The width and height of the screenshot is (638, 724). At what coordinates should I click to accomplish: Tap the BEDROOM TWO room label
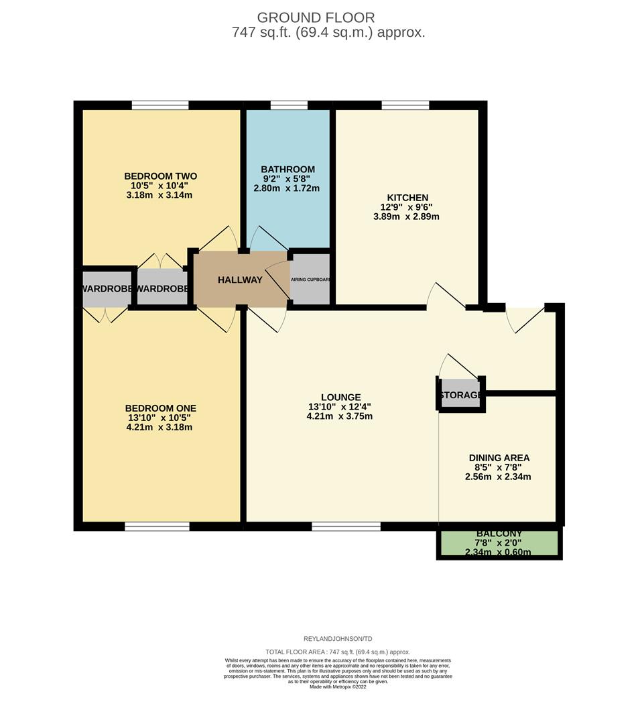pyautogui.click(x=161, y=176)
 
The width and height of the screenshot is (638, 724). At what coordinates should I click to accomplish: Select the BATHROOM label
pyautogui.click(x=288, y=170)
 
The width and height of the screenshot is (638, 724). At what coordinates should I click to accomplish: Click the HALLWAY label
pyautogui.click(x=240, y=280)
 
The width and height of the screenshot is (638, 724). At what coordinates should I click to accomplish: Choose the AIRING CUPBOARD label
pyautogui.click(x=310, y=280)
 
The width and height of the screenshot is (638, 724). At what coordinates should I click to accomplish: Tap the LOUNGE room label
pyautogui.click(x=341, y=398)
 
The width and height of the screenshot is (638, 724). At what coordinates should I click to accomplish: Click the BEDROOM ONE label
pyautogui.click(x=161, y=408)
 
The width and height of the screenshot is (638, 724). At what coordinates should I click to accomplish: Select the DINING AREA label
pyautogui.click(x=499, y=459)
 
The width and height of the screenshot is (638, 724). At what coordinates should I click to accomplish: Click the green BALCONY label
pyautogui.click(x=499, y=534)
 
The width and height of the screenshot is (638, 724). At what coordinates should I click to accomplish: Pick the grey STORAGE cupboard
pyautogui.click(x=460, y=395)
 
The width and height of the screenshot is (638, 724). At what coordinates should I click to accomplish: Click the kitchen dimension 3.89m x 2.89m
pyautogui.click(x=406, y=217)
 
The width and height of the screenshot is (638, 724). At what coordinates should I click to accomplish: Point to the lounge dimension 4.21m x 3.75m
pyautogui.click(x=339, y=416)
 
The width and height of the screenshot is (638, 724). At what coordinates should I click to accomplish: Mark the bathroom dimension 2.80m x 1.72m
pyautogui.click(x=288, y=188)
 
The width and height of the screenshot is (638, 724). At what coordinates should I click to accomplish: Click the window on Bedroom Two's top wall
pyautogui.click(x=160, y=105)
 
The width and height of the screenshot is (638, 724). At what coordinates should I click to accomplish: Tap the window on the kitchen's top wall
pyautogui.click(x=405, y=105)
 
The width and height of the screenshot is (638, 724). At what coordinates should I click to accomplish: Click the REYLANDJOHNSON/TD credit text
pyautogui.click(x=338, y=639)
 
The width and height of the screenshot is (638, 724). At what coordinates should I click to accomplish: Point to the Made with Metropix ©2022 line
pyautogui.click(x=338, y=686)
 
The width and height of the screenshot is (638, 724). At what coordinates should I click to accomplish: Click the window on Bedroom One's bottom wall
pyautogui.click(x=157, y=526)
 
